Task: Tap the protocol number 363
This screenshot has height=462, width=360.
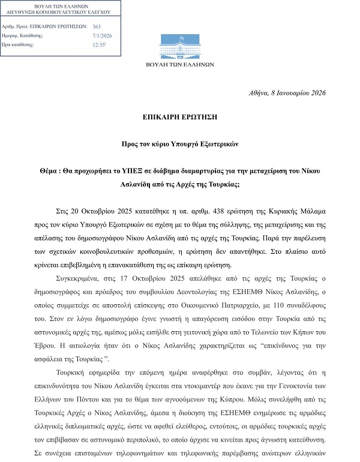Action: (x=97, y=27)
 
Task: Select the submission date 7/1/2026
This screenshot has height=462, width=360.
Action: (x=102, y=35)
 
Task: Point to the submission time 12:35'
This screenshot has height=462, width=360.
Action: (x=99, y=44)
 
